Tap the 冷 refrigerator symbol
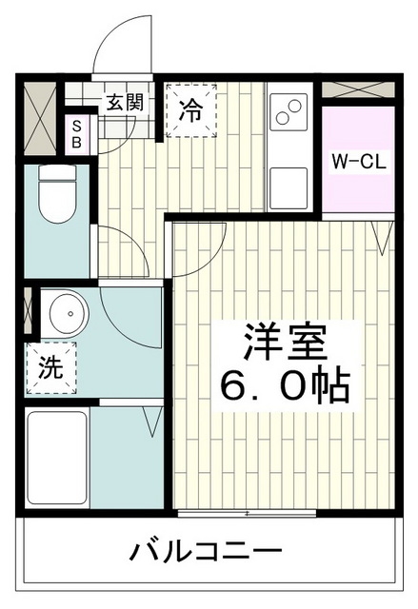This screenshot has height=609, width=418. click(x=190, y=110)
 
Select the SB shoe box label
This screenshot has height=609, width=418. click(x=77, y=134)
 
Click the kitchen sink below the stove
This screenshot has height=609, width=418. click(x=289, y=183)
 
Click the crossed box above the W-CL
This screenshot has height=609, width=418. click(x=358, y=90)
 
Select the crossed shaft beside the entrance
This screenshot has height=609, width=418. click(x=42, y=116)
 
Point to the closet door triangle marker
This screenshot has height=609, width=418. click(x=382, y=239)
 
